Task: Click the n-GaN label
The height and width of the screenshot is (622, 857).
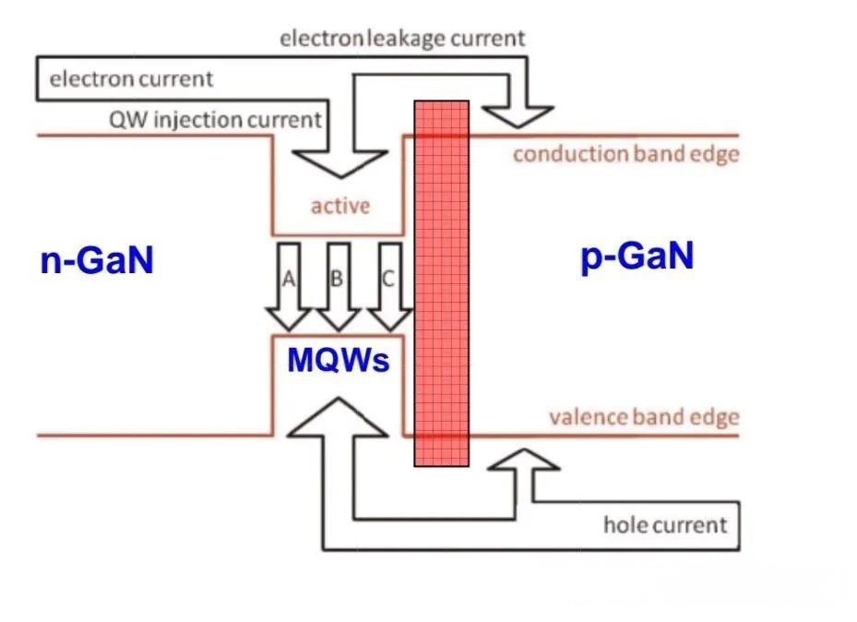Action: coord(96,261)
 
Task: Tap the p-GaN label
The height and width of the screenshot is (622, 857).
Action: coord(637,256)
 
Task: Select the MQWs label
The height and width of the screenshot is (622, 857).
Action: coord(338,359)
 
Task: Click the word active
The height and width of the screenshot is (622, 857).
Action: coord(339,206)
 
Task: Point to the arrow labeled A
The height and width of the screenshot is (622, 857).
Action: coord(289,287)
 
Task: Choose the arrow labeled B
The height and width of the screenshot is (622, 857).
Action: coord(339,287)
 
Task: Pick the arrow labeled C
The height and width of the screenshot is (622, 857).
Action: coord(390,287)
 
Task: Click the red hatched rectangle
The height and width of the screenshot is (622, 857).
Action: coord(441,282)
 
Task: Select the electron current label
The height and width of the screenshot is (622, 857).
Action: coord(131,79)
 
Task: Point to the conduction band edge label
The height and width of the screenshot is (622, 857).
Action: coord(625,153)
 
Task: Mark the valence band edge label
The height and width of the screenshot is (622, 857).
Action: coord(644,417)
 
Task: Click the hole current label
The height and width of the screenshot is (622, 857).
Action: coord(664,525)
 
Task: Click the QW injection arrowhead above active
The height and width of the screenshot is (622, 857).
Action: coord(339,161)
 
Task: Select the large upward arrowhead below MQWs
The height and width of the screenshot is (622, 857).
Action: coord(339,417)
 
